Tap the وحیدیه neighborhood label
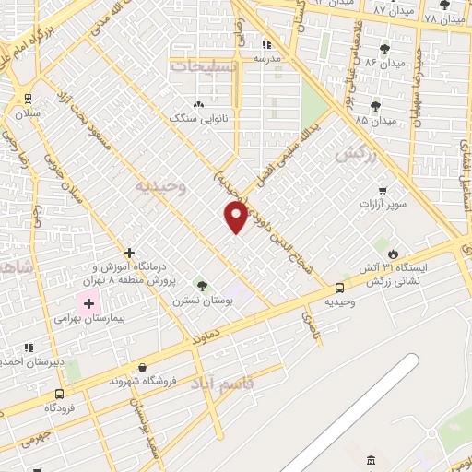pos(161,186)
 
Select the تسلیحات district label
pos(204,65)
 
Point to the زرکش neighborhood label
pos(358,154)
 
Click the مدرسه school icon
pos(266,43)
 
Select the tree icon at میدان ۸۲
pos(383,49)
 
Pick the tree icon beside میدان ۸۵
pos(375,106)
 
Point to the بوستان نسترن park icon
pos(202,286)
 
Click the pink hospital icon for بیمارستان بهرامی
pos(89,301)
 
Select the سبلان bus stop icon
pos(28,99)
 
